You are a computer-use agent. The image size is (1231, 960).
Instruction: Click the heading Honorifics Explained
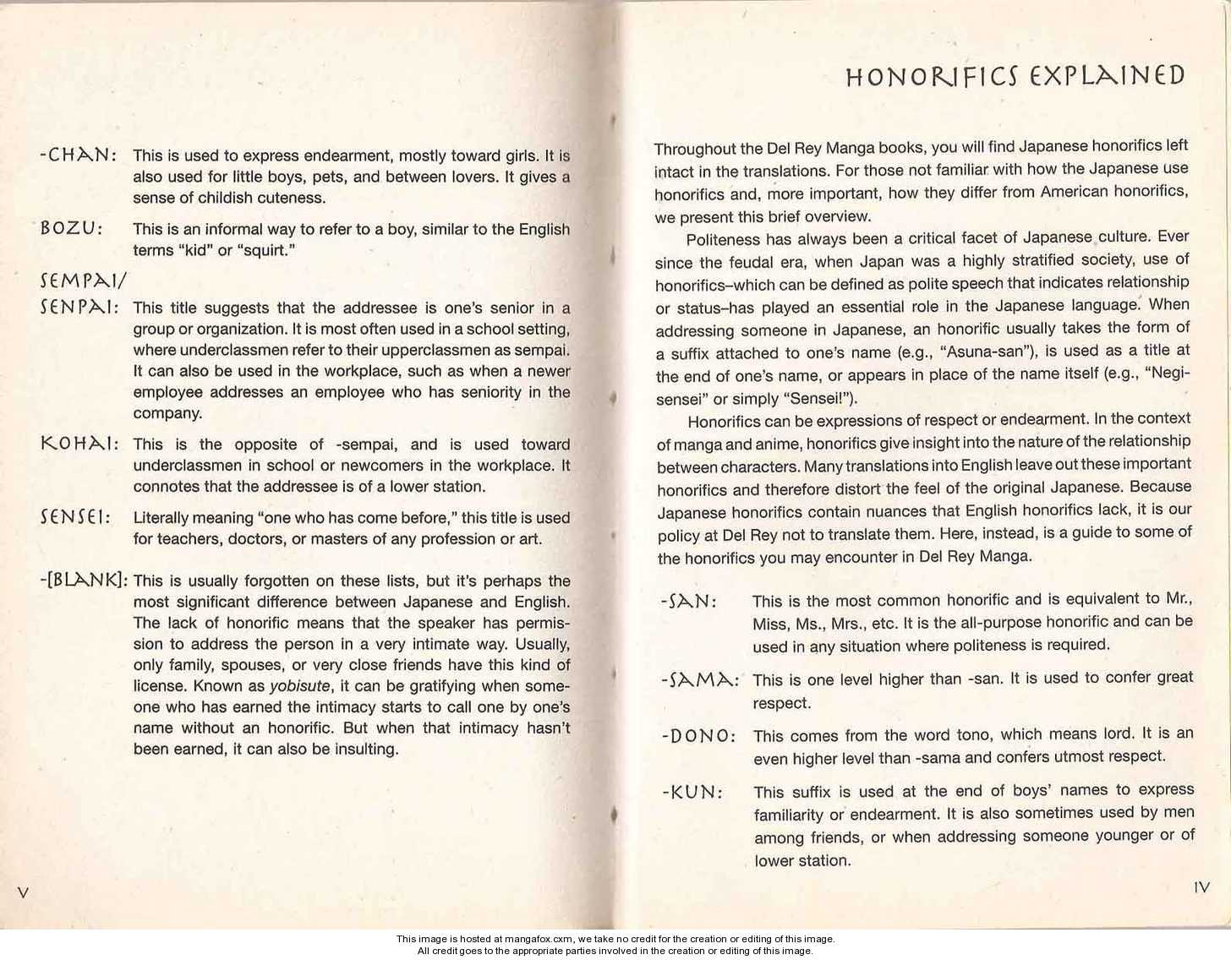(1015, 76)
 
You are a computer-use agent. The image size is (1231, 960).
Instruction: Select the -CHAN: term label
(79, 155)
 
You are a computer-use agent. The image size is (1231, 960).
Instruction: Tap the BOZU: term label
(71, 229)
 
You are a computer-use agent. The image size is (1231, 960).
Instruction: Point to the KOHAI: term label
(79, 445)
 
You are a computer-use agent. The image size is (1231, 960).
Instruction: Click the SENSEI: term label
(75, 517)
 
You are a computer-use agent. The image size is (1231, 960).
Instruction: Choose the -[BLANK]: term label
(83, 581)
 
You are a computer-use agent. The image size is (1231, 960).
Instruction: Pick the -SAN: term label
(689, 602)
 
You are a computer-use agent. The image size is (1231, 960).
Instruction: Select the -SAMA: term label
(699, 679)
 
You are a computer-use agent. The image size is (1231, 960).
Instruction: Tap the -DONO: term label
(698, 736)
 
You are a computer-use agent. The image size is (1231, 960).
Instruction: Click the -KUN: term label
(692, 793)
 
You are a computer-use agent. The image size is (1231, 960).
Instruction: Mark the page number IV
(1201, 887)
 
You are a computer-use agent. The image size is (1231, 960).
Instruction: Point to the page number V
(23, 892)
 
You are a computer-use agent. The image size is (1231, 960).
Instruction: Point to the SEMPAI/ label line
(82, 280)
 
